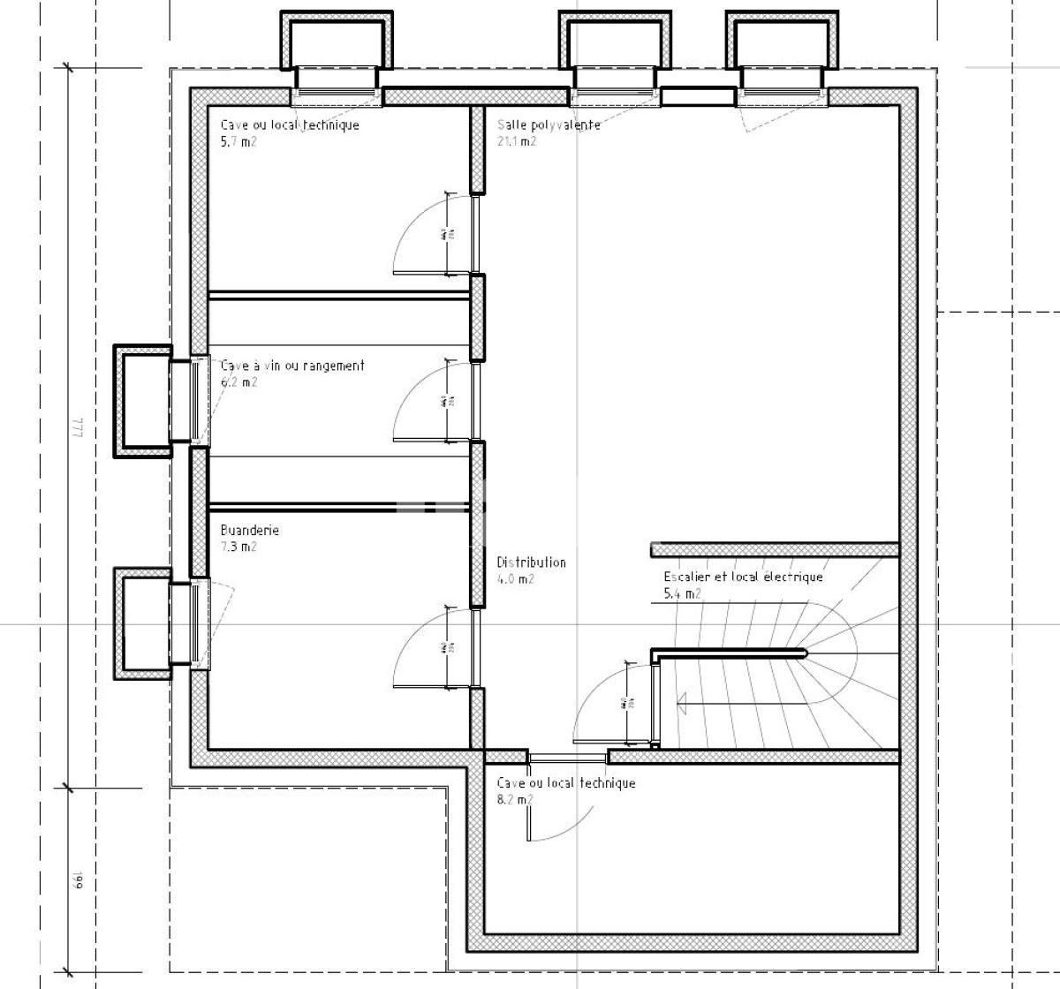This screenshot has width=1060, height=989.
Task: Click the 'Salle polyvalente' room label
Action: click(x=548, y=125)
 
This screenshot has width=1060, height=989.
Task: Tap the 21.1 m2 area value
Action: click(x=516, y=141)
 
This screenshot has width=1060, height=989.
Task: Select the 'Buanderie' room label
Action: click(x=249, y=530)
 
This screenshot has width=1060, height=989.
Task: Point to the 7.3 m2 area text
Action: click(x=238, y=547)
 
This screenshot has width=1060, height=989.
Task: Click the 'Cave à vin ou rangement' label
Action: click(x=291, y=365)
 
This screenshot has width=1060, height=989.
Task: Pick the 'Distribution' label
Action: click(x=531, y=562)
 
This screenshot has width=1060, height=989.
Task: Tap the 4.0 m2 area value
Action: click(x=515, y=579)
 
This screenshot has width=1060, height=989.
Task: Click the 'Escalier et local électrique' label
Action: click(x=743, y=577)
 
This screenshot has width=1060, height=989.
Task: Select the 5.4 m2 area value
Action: click(x=682, y=593)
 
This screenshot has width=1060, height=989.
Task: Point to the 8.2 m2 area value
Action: click(x=515, y=799)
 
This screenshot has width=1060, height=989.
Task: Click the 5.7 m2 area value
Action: click(x=238, y=141)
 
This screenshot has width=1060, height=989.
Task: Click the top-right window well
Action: click(x=782, y=41)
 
